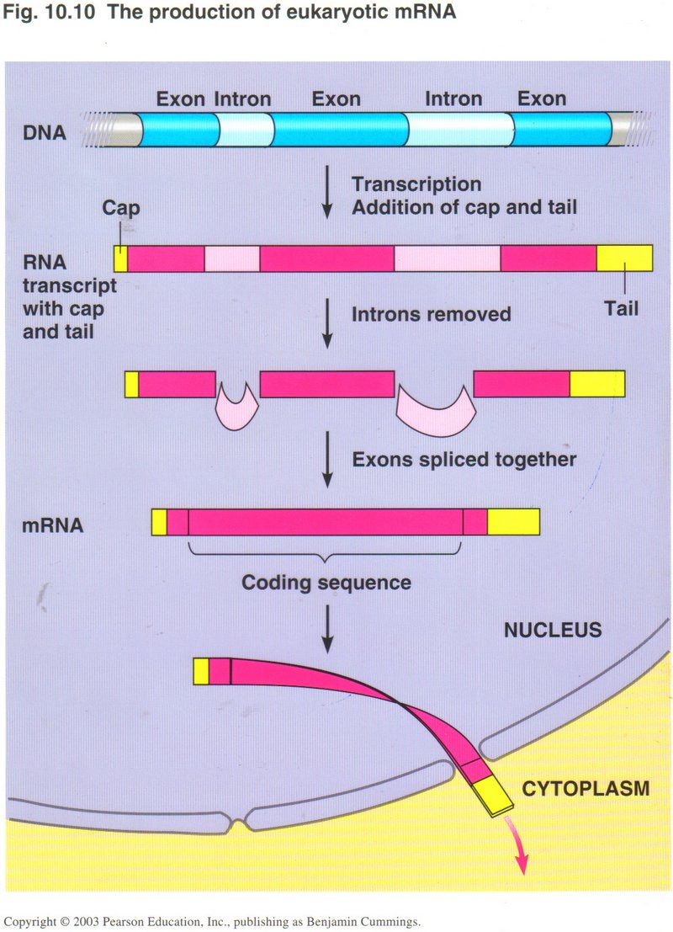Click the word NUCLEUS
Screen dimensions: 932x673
(x=553, y=630)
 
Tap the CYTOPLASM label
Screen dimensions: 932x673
(x=586, y=789)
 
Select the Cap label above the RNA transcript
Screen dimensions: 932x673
(x=120, y=207)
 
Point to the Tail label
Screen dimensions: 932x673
(x=621, y=308)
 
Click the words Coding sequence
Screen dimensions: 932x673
(x=326, y=582)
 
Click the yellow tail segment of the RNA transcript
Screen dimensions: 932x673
(x=624, y=258)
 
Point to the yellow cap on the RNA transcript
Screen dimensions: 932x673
(x=120, y=258)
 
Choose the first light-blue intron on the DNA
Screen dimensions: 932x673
(x=245, y=129)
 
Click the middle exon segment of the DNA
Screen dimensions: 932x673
(x=339, y=129)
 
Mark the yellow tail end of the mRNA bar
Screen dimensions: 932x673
(x=513, y=522)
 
